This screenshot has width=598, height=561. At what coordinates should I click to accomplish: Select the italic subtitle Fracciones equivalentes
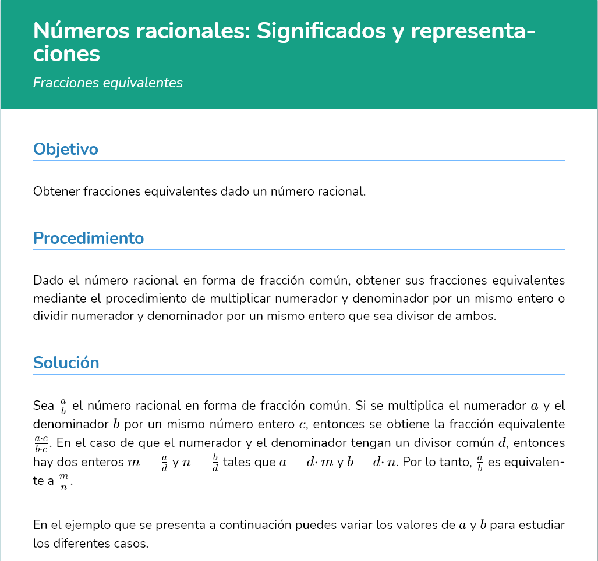(108, 83)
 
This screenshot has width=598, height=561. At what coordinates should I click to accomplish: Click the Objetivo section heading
(66, 149)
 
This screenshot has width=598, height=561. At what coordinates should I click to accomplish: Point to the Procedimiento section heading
(89, 238)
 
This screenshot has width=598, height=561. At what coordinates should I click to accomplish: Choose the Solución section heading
(66, 363)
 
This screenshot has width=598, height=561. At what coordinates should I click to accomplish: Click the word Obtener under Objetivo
(56, 191)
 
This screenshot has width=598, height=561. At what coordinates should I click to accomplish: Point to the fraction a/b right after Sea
(63, 405)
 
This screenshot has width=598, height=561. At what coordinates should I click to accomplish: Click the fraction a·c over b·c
(41, 443)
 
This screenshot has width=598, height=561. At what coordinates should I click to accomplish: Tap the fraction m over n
(63, 482)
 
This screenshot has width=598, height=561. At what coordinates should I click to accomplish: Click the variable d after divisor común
(503, 442)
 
